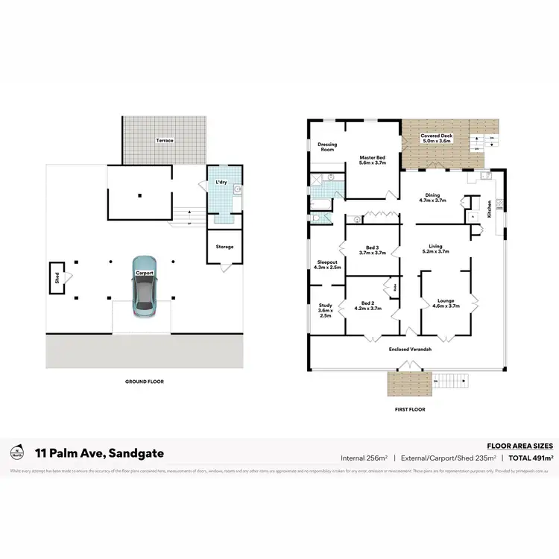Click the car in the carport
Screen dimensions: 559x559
coord(144,287)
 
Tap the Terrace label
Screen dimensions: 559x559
coord(164,140)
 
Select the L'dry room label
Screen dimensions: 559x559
coord(221,183)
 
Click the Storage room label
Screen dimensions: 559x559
coord(224,247)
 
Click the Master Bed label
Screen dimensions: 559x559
coord(372,157)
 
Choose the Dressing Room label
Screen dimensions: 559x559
coord(327,147)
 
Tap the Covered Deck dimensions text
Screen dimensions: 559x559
coord(437,141)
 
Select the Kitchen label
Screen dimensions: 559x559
coord(489,208)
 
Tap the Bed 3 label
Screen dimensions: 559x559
coord(372,248)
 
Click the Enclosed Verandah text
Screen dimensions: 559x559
coord(408,349)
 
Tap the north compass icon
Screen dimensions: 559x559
coord(16,452)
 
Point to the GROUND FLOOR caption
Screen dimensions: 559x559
coord(145,382)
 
